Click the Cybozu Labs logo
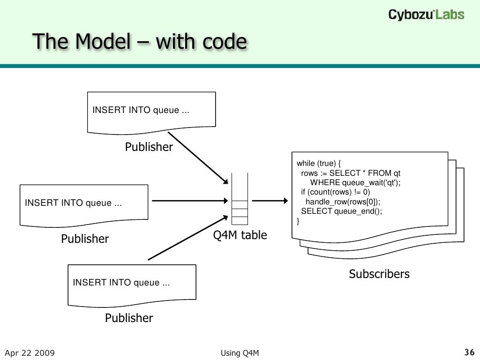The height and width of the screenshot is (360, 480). tap(426, 15)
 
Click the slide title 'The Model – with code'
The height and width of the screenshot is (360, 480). tap(140, 42)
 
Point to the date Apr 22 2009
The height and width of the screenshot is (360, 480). tap(30, 353)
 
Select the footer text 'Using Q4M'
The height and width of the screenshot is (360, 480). tap(239, 353)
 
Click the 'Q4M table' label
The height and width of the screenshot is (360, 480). tap(240, 235)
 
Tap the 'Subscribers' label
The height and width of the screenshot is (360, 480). tap(379, 274)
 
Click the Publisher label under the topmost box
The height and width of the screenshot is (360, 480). tap(149, 147)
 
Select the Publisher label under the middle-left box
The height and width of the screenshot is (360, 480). tap(85, 239)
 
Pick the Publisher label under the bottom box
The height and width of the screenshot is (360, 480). tap(129, 318)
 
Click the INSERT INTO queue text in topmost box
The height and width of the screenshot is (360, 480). tap(141, 110)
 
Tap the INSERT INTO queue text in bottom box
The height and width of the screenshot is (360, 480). tap(121, 283)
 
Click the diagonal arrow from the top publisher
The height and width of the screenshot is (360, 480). tap(197, 158)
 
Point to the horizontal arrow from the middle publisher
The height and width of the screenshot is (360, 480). tap(190, 201)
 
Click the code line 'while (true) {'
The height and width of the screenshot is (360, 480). tap(320, 163)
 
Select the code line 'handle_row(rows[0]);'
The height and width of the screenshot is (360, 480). tap(343, 202)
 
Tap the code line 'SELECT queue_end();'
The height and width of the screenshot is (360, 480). tap(342, 211)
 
